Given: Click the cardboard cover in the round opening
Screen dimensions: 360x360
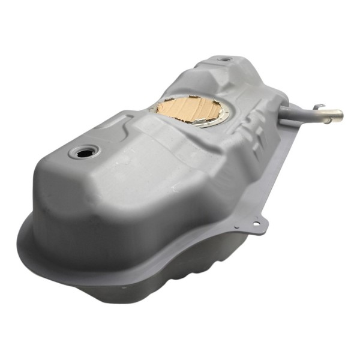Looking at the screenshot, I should click(189, 110).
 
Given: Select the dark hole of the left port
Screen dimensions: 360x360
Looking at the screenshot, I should click(83, 152).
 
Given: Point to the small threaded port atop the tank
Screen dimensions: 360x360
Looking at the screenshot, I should click(223, 59).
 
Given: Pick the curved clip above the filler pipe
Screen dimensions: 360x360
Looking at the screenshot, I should click(319, 107).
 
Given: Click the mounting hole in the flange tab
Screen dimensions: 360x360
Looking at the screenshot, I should click(257, 224).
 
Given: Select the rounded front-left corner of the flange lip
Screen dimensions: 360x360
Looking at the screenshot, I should click(27, 240).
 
